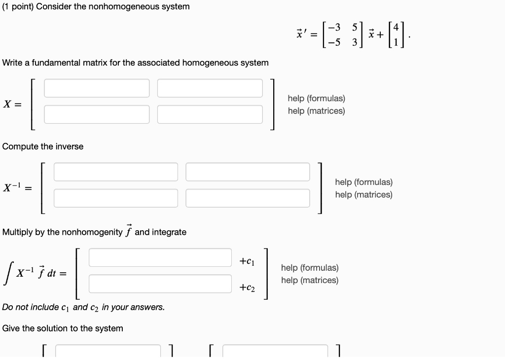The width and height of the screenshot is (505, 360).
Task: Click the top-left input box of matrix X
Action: click(x=97, y=88)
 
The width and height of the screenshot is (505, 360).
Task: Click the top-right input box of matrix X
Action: click(x=210, y=88)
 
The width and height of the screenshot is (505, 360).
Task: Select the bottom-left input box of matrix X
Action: click(x=97, y=114)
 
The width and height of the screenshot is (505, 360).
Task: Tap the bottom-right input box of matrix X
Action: click(x=210, y=114)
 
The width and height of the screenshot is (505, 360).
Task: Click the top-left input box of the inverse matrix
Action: click(x=115, y=172)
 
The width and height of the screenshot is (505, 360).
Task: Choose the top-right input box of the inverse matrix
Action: click(x=248, y=172)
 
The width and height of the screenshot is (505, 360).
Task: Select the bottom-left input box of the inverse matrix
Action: click(x=115, y=198)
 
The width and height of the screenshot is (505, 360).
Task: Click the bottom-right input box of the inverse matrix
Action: click(x=248, y=198)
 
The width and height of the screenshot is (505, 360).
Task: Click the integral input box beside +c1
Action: click(x=160, y=257)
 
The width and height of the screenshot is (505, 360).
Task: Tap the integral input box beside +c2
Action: click(x=160, y=284)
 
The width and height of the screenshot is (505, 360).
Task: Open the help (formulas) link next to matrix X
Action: click(x=316, y=99)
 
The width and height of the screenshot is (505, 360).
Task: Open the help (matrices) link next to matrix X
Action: click(x=316, y=111)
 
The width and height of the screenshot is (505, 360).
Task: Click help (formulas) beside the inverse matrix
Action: click(x=363, y=182)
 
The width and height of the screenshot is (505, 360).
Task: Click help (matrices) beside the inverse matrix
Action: click(x=363, y=195)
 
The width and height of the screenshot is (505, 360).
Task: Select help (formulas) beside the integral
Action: click(x=310, y=268)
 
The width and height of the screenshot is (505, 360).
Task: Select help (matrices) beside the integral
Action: click(x=310, y=280)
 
